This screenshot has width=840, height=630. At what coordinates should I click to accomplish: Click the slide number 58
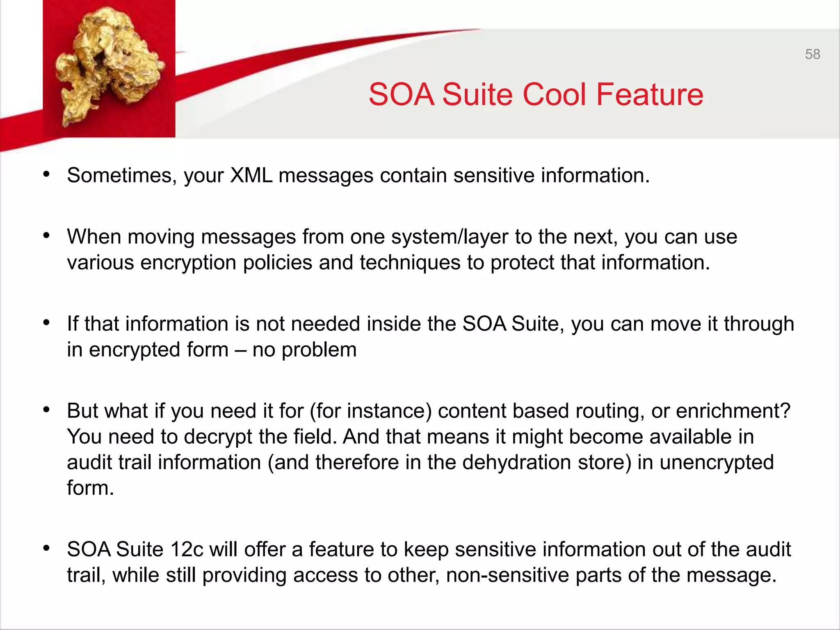(x=812, y=54)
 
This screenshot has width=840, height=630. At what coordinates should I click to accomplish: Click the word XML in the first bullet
(x=251, y=176)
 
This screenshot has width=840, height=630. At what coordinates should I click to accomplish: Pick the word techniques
(x=410, y=262)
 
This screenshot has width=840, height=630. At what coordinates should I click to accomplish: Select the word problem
(x=319, y=350)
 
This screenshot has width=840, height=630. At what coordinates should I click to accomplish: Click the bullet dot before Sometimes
(x=46, y=174)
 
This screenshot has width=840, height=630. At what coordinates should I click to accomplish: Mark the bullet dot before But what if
(x=46, y=410)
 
